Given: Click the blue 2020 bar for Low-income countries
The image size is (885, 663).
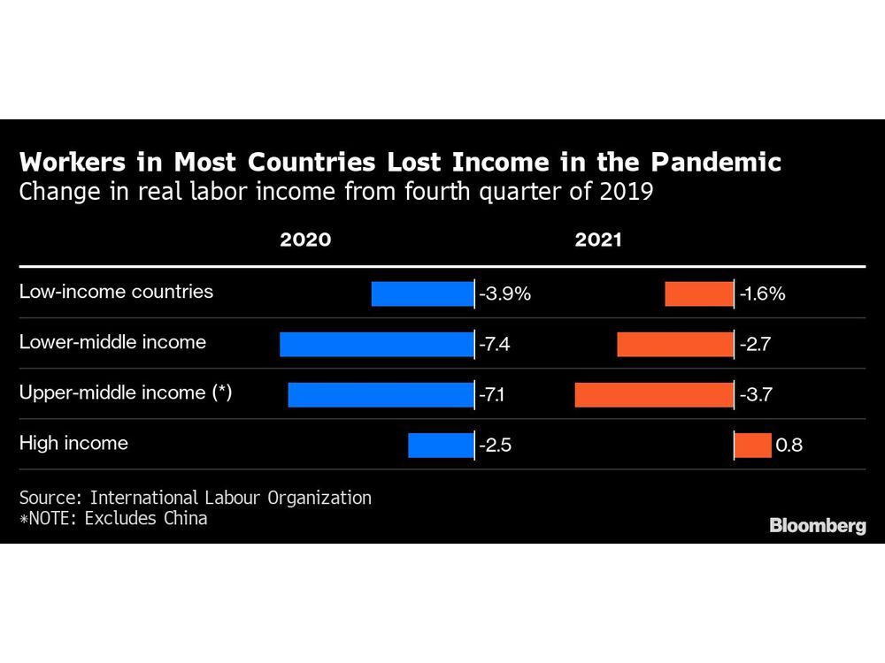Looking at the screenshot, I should tap(422, 293).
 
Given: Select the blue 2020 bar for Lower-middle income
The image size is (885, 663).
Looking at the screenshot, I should tap(376, 344).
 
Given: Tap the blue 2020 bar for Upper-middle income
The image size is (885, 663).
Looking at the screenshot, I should tap(381, 394).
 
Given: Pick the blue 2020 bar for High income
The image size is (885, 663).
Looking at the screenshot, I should tap(441, 445).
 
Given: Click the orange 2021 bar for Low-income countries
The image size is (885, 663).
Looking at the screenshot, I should tap(699, 293).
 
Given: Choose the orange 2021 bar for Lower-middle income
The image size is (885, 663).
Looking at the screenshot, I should tap(675, 344).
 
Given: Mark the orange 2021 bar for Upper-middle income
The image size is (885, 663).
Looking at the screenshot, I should tap(654, 394).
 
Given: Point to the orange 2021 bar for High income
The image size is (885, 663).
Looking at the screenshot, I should tap(753, 445).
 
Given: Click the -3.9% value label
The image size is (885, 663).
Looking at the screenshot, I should tap(504, 293).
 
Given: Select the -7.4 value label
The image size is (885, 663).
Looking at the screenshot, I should tap(495, 344).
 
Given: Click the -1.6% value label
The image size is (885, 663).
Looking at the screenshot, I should tap(762, 293).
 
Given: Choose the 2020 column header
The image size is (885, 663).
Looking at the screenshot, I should tap(305, 240).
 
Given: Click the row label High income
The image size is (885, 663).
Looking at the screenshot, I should tap(73, 443).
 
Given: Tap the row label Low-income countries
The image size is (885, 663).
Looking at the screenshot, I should tap(116, 291).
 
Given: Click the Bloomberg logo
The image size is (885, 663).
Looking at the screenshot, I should tap(817, 525).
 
